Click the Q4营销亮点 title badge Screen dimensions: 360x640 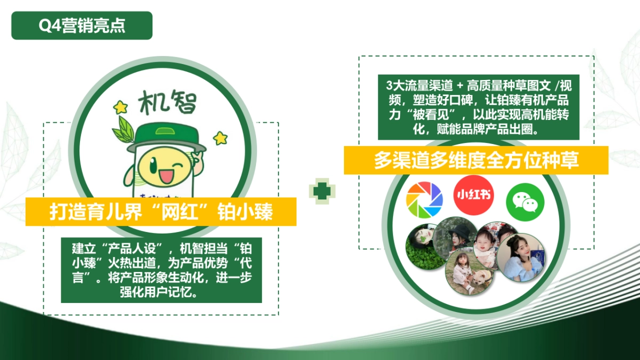82,26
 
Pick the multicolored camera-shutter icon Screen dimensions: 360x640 425,200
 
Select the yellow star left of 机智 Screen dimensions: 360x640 121,107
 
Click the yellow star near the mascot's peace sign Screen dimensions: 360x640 220,138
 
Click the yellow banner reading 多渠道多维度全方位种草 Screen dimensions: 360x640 476,160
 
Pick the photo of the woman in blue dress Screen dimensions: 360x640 521,258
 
